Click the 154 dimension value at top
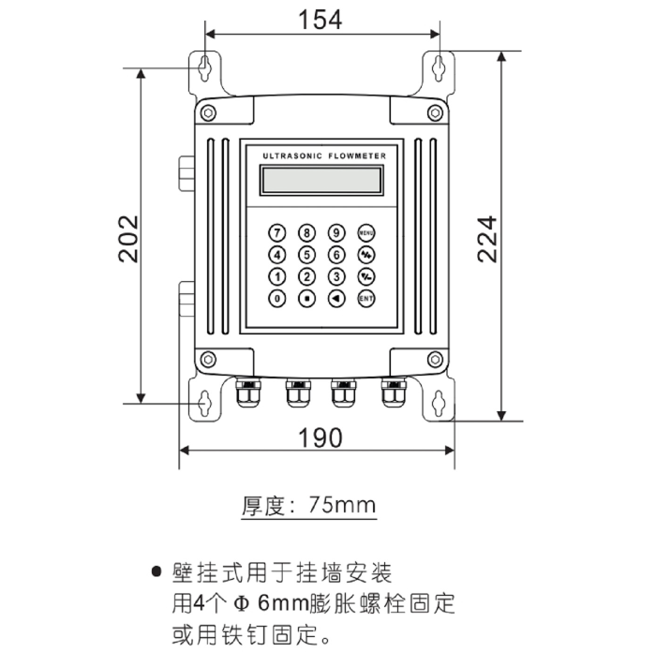pyautogui.click(x=321, y=18)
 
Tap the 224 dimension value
pyautogui.click(x=487, y=239)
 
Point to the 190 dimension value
pyautogui.click(x=320, y=437)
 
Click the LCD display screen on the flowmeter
pyautogui.click(x=321, y=177)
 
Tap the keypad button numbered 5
pyautogui.click(x=306, y=254)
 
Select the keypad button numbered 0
pyautogui.click(x=276, y=299)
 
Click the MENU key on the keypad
pyautogui.click(x=365, y=231)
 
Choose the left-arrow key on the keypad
pyautogui.click(x=335, y=299)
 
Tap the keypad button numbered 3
pyautogui.click(x=335, y=276)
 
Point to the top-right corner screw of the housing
pyautogui.click(x=434, y=112)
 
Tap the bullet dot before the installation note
pyautogui.click(x=157, y=571)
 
